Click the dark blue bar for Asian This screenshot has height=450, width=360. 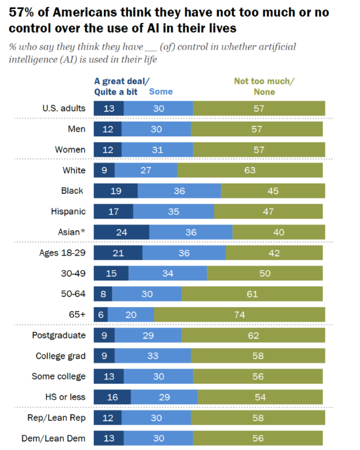click(x=121, y=232)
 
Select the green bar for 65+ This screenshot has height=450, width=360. click(x=240, y=314)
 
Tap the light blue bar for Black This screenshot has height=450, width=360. click(x=179, y=191)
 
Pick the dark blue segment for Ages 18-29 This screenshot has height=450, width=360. click(x=118, y=252)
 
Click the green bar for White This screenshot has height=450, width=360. click(x=250, y=170)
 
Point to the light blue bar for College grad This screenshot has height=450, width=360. click(x=153, y=356)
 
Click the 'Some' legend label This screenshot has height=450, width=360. click(x=161, y=92)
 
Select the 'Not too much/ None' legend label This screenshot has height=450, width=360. click(x=264, y=87)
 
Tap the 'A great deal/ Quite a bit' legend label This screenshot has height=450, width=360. click(x=122, y=87)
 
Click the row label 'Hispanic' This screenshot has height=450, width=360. click(x=68, y=212)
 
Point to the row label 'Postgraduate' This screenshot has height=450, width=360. click(x=59, y=335)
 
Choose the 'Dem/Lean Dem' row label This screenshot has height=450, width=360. click(x=54, y=439)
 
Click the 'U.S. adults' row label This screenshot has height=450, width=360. click(x=64, y=108)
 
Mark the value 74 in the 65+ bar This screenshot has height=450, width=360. click(x=240, y=314)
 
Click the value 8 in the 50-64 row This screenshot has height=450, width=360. click(x=103, y=294)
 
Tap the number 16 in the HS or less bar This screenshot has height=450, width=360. click(x=112, y=397)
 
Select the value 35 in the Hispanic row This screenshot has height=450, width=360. click(x=173, y=212)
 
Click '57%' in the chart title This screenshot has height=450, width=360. click(x=21, y=12)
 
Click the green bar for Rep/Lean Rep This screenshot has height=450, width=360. click(x=258, y=417)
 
